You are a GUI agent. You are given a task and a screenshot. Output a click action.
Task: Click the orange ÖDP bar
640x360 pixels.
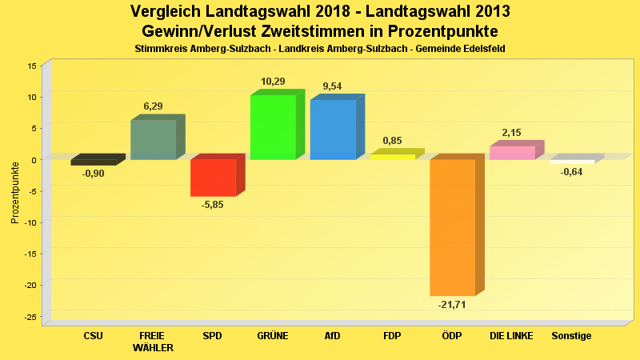click(453, 227)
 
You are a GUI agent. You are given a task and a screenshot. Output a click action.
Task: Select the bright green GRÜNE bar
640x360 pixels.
click(273, 127)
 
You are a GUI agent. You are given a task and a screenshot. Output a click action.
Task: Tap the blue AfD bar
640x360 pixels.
click(333, 130)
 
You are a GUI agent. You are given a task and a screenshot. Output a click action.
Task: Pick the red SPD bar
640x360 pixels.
click(213, 178)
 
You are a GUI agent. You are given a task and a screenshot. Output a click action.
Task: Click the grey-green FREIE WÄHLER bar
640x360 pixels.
click(154, 140)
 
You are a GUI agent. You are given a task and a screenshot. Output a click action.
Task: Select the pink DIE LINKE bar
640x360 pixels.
click(512, 153)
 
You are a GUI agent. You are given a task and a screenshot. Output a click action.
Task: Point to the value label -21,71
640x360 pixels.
click(452, 305)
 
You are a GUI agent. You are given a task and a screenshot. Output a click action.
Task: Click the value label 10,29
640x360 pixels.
click(273, 82)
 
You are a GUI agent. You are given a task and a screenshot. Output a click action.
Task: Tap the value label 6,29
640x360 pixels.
click(153, 106)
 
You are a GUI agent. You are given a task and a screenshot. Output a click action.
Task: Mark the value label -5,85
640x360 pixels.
click(213, 205)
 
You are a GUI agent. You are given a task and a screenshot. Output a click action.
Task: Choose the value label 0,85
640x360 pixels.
click(392, 141)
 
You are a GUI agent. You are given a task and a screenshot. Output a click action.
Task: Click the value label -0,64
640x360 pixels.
click(571, 172)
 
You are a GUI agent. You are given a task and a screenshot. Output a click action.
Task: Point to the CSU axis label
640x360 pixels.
click(93, 336)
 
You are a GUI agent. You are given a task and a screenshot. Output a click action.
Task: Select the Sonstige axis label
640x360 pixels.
click(571, 336)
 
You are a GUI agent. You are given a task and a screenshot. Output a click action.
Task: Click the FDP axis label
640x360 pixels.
click(392, 336)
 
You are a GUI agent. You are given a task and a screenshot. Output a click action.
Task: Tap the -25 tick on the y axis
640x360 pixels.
click(31, 318)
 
